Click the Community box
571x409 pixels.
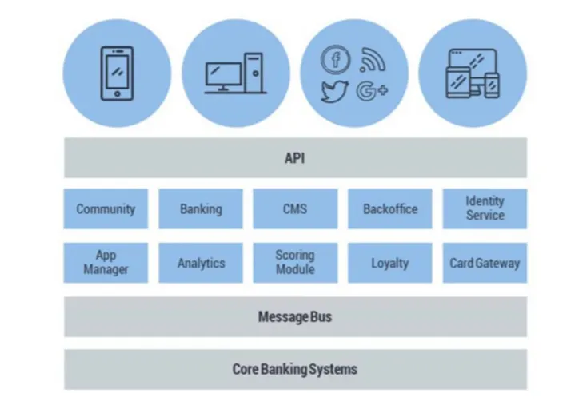click(x=106, y=209)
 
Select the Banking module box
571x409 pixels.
click(x=200, y=209)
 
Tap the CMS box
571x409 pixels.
click(x=295, y=209)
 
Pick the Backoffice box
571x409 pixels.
click(x=390, y=209)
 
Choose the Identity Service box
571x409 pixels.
click(x=485, y=208)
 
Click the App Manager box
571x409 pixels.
click(x=106, y=263)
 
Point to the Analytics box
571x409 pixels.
click(x=200, y=263)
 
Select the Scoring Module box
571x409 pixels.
click(x=295, y=263)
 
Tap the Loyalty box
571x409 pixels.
click(x=390, y=263)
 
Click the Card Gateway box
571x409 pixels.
click(x=485, y=263)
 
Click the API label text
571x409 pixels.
click(x=295, y=157)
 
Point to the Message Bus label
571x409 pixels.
click(x=295, y=317)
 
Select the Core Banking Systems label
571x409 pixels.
click(x=295, y=369)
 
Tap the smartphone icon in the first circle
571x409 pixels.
click(x=117, y=73)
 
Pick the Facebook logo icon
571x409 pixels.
click(x=336, y=59)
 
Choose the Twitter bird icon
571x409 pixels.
click(x=335, y=90)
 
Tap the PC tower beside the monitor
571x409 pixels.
click(x=254, y=73)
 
